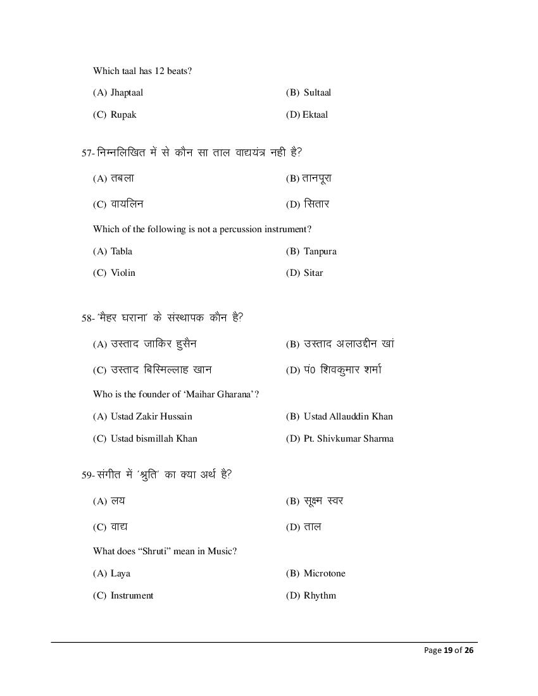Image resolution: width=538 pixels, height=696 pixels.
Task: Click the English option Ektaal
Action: [315, 115]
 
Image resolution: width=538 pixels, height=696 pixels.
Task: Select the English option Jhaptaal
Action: [127, 92]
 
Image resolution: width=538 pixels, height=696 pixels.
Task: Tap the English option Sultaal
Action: [317, 92]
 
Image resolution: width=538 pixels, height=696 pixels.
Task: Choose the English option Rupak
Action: [123, 115]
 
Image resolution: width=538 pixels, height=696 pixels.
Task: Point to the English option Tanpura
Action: [320, 251]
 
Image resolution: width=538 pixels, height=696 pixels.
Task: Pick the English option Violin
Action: [123, 273]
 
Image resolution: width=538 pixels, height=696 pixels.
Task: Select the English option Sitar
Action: [313, 273]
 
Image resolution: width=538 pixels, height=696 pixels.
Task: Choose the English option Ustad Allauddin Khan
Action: [348, 416]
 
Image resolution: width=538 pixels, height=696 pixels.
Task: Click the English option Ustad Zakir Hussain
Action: [151, 416]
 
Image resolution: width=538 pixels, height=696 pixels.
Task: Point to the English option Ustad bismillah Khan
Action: [154, 438]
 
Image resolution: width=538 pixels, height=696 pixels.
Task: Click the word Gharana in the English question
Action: [234, 394]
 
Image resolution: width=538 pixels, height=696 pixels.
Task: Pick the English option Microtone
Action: [324, 573]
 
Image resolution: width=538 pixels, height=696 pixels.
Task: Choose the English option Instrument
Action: [132, 595]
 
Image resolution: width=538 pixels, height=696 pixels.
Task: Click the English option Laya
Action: [120, 573]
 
